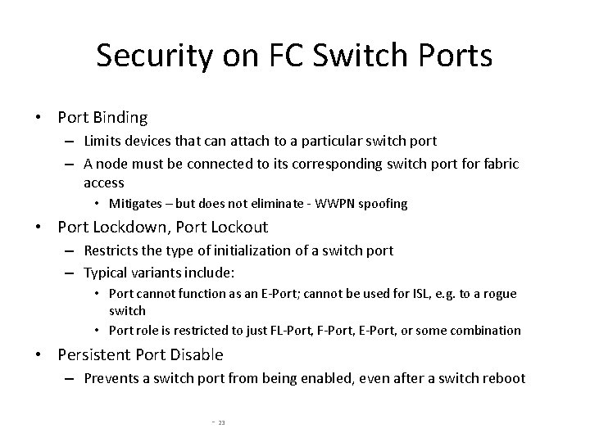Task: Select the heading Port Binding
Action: point(102,118)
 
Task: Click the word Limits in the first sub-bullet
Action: point(102,142)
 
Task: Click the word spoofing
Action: point(382,203)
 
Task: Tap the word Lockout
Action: point(235,227)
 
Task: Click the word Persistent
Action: point(96,354)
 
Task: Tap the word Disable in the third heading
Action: point(196,354)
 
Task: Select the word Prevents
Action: point(111,378)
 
